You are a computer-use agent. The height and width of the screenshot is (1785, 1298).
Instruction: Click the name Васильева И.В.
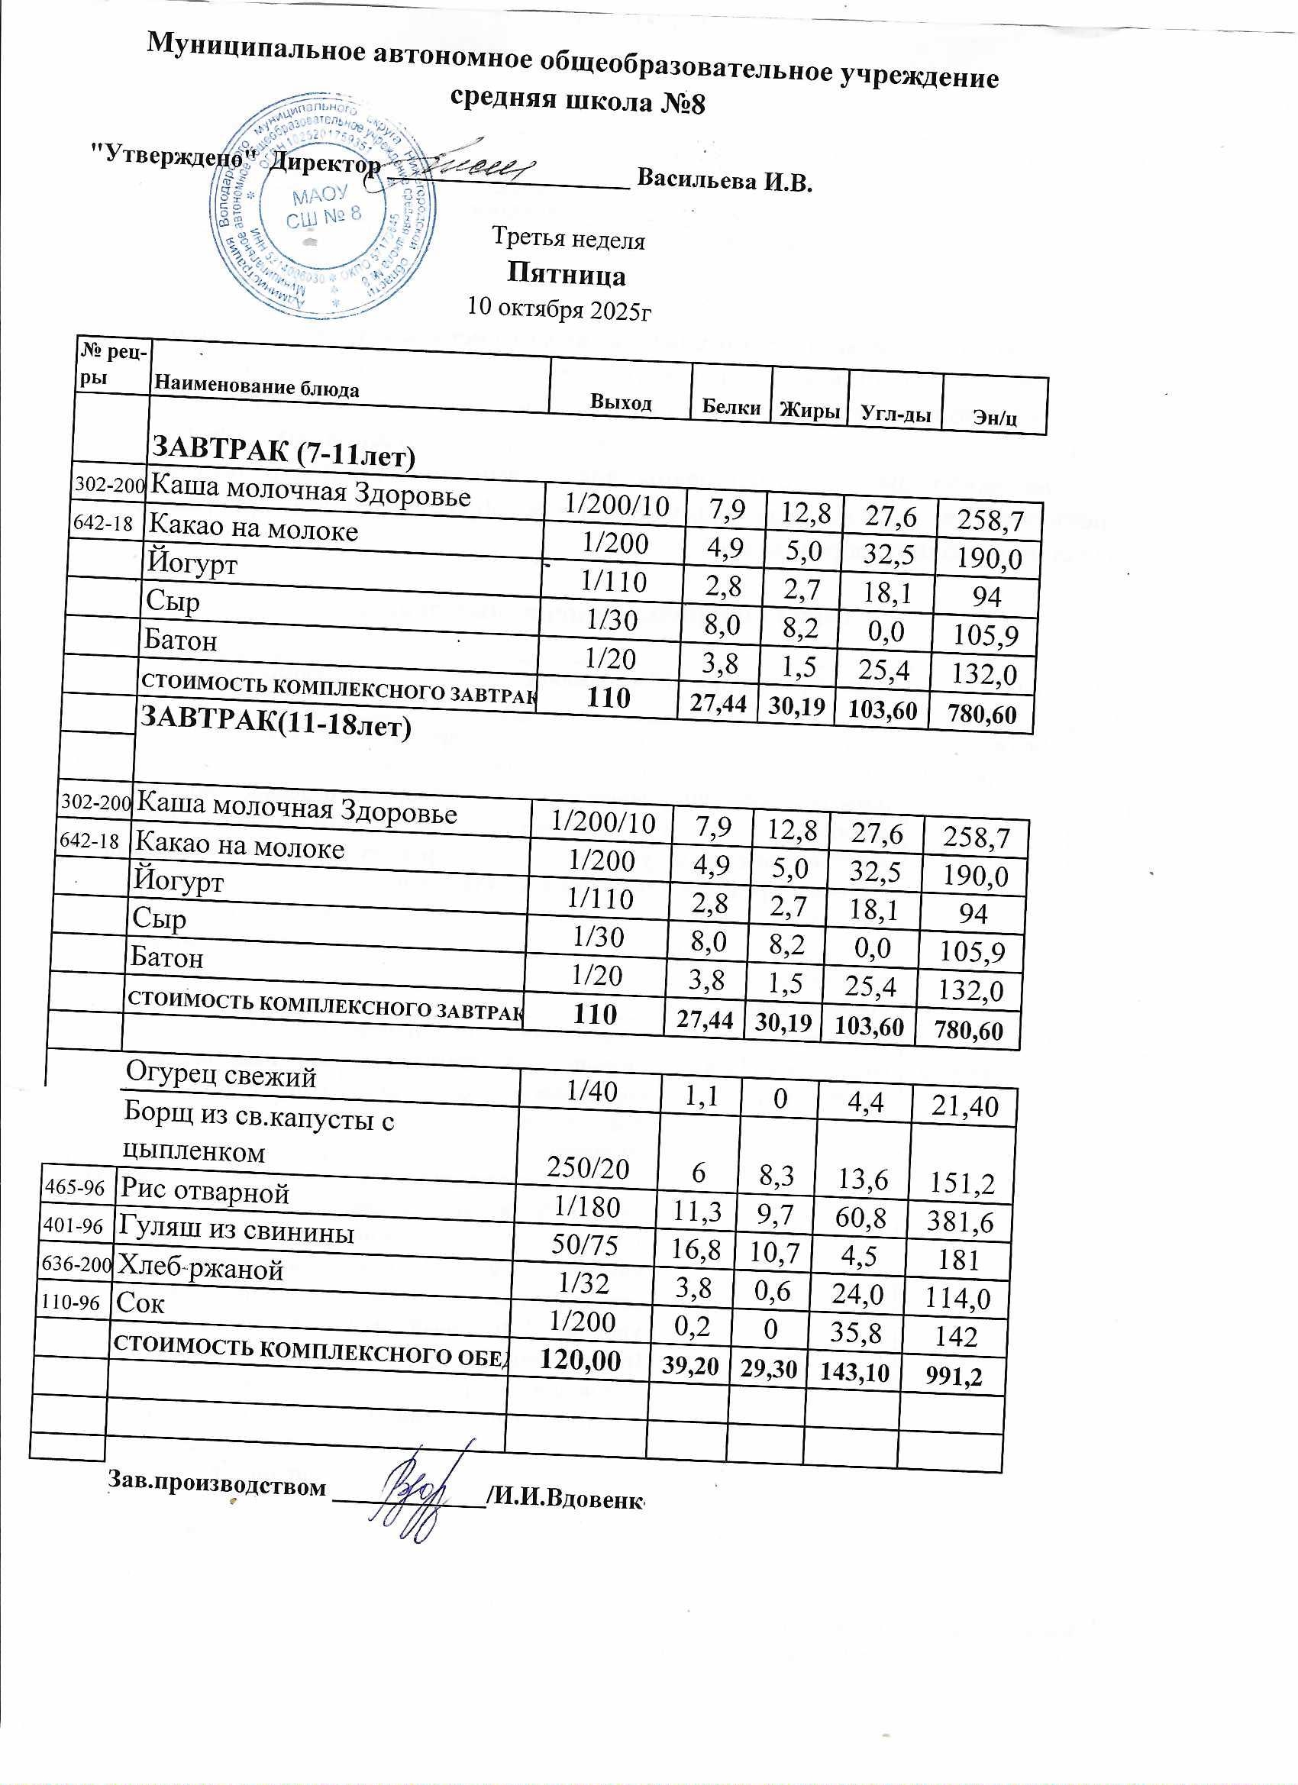point(723,180)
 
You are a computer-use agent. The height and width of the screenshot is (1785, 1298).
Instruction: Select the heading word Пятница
point(566,276)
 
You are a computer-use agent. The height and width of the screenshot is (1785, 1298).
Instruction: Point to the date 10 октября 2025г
point(560,308)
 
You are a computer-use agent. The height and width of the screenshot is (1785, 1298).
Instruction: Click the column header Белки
point(731,407)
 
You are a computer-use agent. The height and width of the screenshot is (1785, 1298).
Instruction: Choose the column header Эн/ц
point(995,417)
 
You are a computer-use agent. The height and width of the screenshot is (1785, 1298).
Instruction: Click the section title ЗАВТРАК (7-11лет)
point(283,452)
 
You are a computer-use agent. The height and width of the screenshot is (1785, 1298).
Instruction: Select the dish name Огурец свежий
point(221,1074)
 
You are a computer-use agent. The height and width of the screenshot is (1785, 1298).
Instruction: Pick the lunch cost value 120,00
point(580,1360)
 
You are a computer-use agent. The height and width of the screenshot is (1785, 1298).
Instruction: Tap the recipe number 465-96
point(74,1187)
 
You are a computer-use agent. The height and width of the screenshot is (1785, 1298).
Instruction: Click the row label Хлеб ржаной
point(200,1269)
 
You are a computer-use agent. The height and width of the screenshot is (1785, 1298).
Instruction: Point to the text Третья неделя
point(568,238)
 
